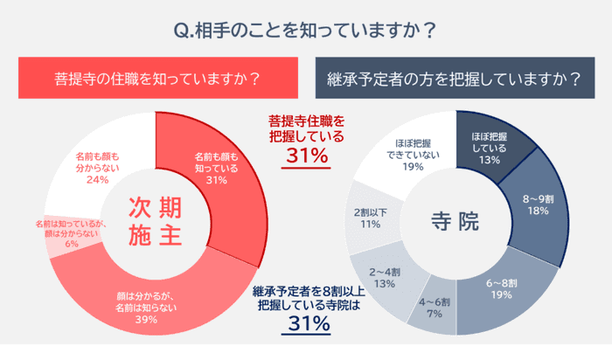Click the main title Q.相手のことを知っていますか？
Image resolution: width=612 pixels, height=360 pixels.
[305, 30]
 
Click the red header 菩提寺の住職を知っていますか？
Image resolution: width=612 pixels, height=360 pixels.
[156, 78]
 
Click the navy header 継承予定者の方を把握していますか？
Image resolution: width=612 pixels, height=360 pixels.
[455, 78]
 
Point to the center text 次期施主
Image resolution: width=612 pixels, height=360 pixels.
[156, 221]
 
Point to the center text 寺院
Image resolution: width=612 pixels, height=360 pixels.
[456, 222]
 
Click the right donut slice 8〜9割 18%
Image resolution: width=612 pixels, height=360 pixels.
[534, 204]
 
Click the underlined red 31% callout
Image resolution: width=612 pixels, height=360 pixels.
[306, 157]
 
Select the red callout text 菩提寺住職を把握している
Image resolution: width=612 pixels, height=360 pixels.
[306, 128]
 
